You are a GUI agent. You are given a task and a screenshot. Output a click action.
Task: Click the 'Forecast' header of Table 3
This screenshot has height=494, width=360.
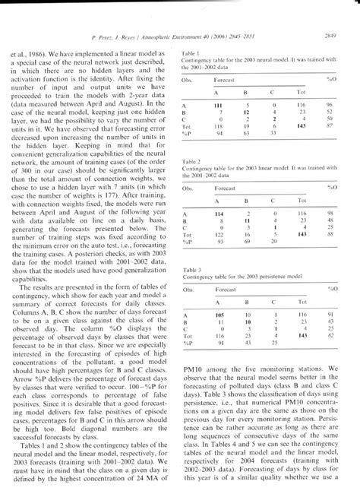(225, 290)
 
